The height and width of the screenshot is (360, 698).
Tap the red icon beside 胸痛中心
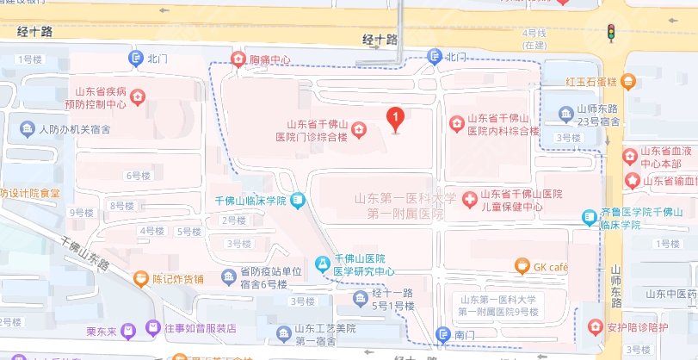pos(238,59)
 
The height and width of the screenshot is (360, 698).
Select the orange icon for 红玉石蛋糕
pos(629,82)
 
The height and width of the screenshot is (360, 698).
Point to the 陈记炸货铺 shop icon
pos(140,278)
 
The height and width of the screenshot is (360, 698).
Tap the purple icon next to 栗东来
pos(128,329)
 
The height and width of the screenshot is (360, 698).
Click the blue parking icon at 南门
pos(442,333)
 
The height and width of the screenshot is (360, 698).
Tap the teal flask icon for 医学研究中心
pos(323,263)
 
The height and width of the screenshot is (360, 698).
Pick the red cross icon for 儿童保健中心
pos(470,200)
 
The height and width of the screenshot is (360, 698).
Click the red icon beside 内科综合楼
pos(456,125)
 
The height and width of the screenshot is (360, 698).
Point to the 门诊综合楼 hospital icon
pos(357,130)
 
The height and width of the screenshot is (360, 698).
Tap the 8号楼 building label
pos(122,206)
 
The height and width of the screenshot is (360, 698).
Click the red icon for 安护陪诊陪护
pos(594,326)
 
